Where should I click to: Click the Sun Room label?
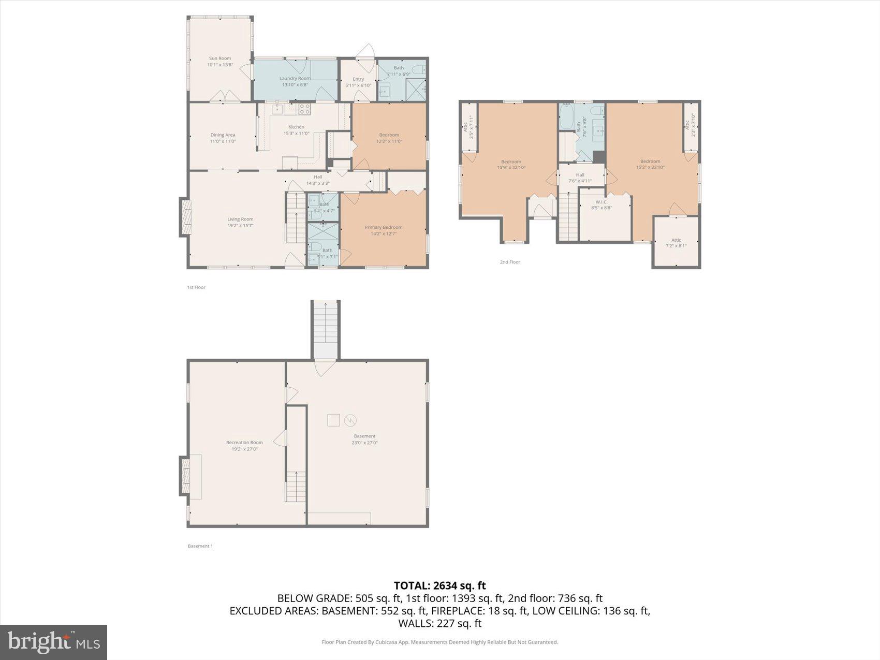219,58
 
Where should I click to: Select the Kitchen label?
296,127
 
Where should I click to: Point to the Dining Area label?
223,135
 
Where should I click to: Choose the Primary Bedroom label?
383,227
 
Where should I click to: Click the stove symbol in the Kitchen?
304,109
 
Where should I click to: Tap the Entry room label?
358,79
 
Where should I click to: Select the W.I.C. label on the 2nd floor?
601,202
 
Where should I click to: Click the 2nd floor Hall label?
580,175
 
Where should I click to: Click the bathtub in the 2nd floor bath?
566,119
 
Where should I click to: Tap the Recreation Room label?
244,443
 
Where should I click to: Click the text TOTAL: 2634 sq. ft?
439,585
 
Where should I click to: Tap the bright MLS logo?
54,642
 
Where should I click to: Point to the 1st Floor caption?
196,287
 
